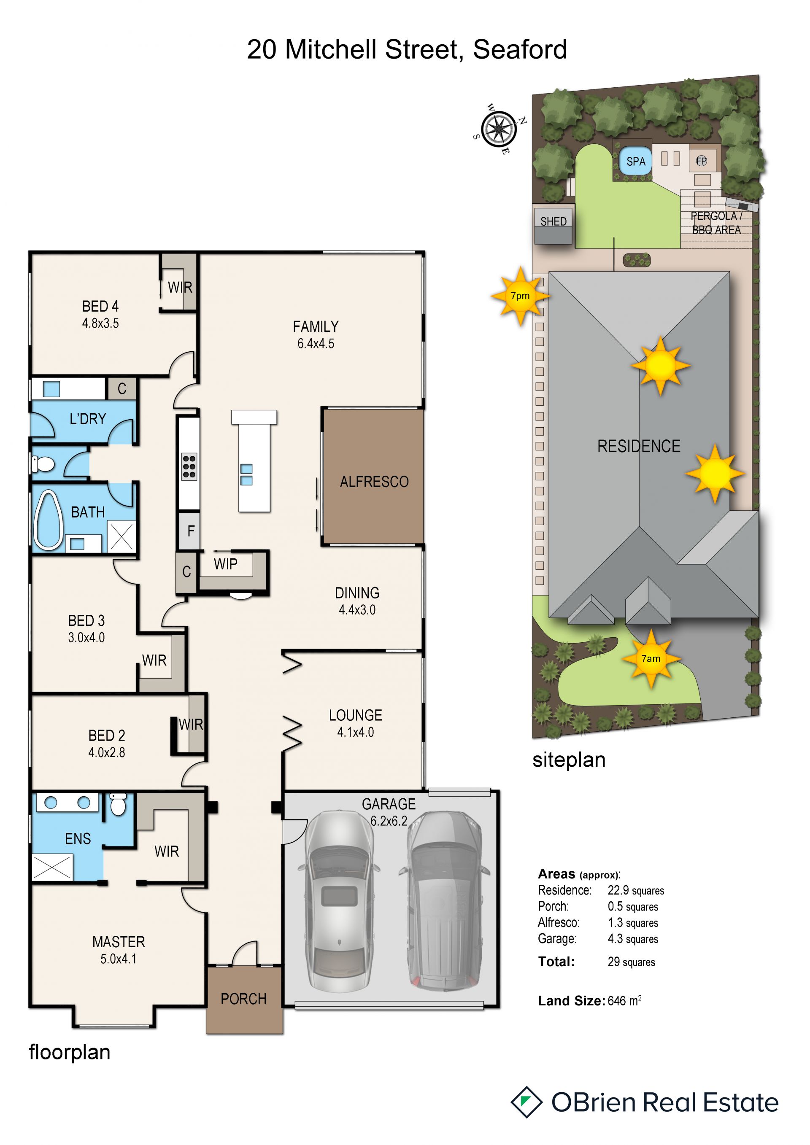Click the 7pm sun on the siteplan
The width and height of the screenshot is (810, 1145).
click(x=520, y=296)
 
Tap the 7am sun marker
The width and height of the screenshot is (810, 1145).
click(x=651, y=659)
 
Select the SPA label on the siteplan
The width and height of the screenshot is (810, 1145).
click(x=635, y=162)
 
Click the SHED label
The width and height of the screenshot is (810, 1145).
click(x=553, y=221)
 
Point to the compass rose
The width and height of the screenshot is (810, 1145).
click(x=498, y=129)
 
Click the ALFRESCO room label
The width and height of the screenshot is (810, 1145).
click(x=374, y=482)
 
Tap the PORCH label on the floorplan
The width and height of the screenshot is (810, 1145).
click(x=243, y=999)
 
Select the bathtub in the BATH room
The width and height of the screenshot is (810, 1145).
click(x=48, y=520)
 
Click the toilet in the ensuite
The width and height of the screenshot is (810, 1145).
click(x=118, y=804)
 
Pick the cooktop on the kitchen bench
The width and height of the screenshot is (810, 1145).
click(x=189, y=466)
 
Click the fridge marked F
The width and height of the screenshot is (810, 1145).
click(x=190, y=531)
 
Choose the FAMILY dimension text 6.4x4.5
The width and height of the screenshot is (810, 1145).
click(x=316, y=344)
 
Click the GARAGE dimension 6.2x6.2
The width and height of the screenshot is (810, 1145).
click(x=389, y=821)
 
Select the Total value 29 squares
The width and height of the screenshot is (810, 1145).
click(x=631, y=962)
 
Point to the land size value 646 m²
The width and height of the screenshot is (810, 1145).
click(x=624, y=1001)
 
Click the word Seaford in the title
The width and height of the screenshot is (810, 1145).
click(x=520, y=49)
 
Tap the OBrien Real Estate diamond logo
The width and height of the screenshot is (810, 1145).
click(x=526, y=1102)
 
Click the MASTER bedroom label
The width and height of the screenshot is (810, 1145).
click(x=119, y=942)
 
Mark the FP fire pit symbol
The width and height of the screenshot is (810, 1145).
click(x=701, y=161)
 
